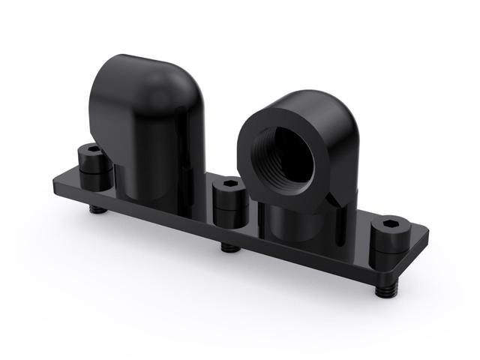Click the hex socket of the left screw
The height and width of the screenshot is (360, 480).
click(x=91, y=150)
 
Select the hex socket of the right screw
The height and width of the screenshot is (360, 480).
click(x=391, y=224)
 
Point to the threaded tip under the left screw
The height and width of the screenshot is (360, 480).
click(x=95, y=208)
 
